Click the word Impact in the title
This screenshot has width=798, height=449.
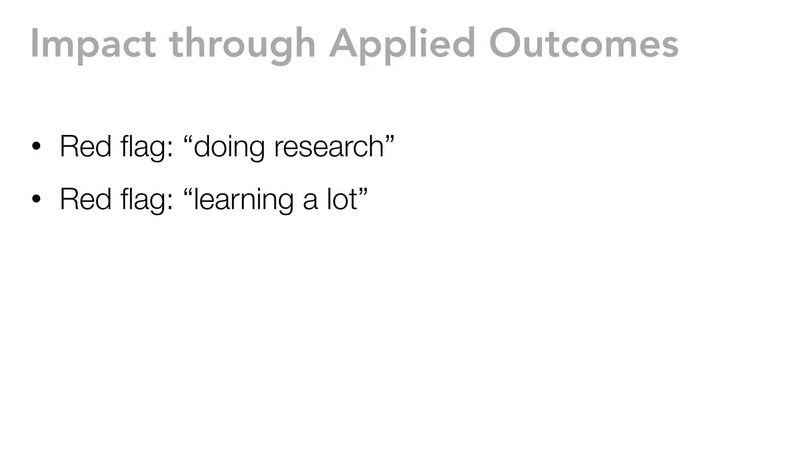coord(94,45)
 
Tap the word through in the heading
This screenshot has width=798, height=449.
coord(242,45)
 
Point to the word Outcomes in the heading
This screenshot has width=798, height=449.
coord(584,45)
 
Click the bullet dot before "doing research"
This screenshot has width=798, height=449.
coord(36,147)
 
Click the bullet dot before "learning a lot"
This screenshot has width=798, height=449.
coord(36,200)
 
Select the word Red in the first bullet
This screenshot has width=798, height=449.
coord(85,147)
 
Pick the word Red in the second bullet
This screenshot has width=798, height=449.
coord(85,199)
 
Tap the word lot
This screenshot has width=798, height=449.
coord(342,199)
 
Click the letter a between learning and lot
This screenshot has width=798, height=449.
coord(310,201)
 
